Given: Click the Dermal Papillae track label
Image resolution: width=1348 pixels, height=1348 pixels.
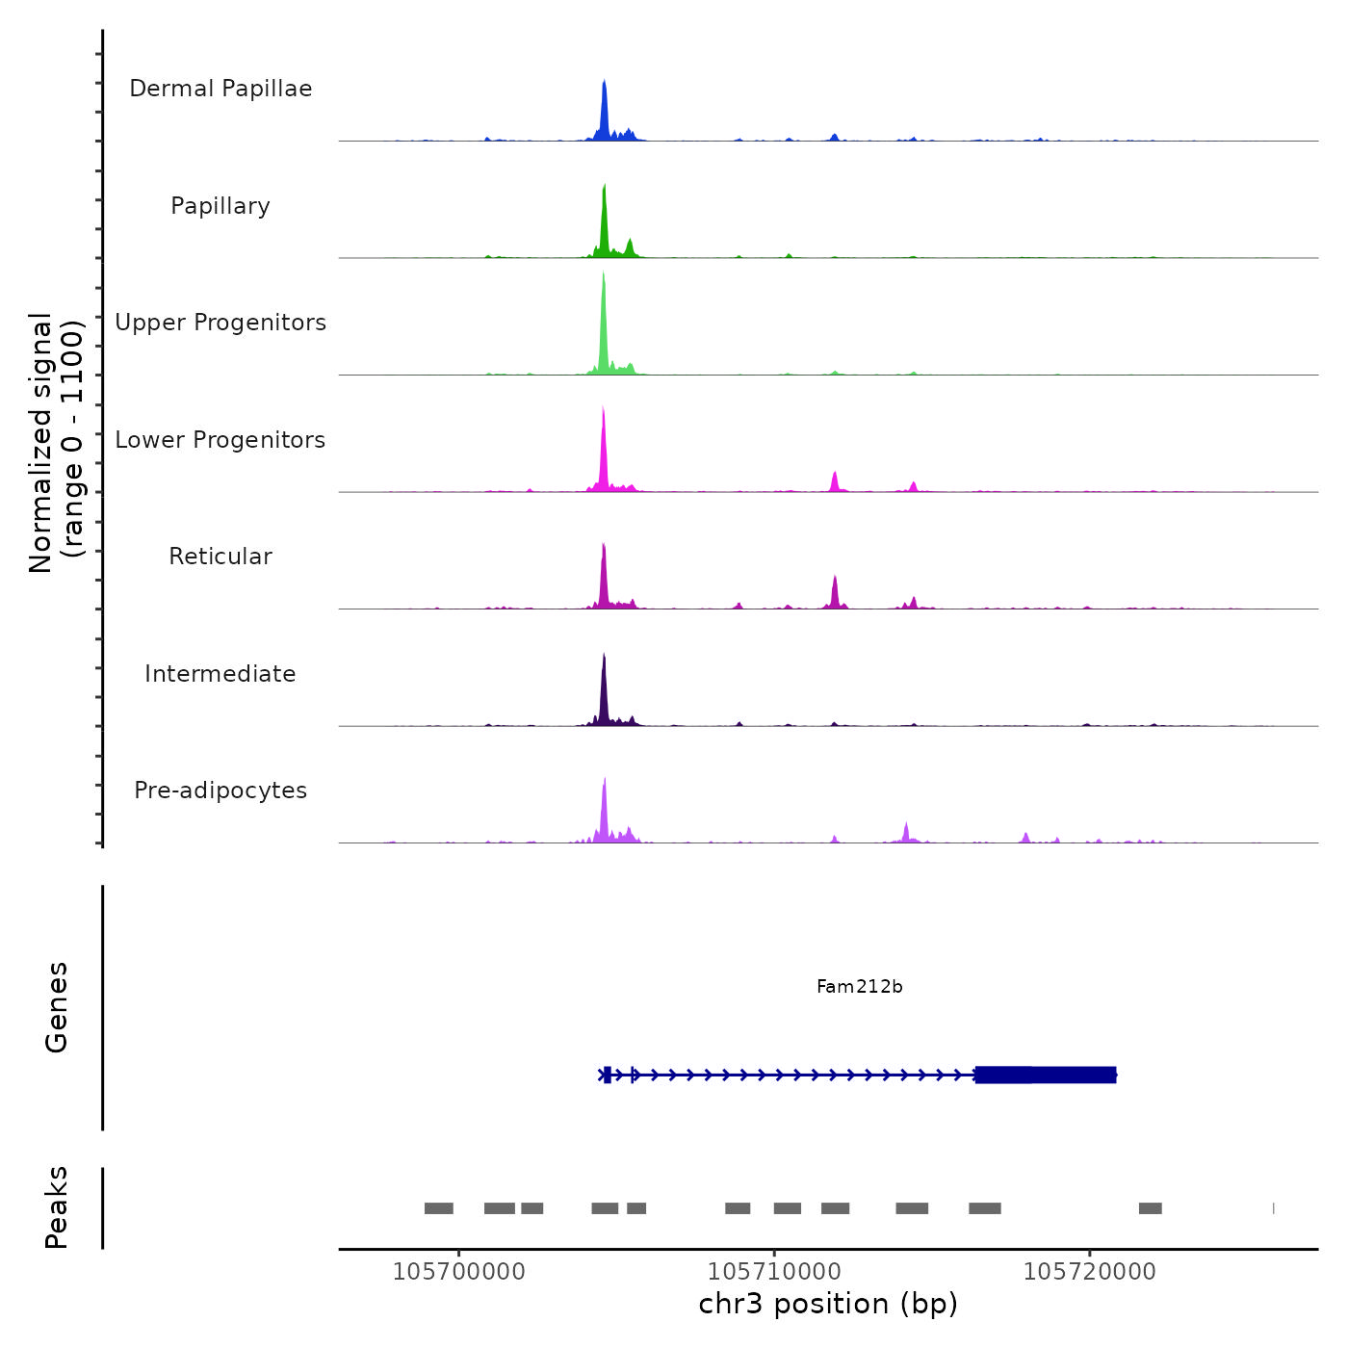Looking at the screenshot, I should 220,89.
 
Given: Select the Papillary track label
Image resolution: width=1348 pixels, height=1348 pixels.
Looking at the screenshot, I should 220,206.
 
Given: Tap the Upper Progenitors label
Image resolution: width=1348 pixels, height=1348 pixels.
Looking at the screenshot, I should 220,323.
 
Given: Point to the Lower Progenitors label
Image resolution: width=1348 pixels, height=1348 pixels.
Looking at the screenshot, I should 220,440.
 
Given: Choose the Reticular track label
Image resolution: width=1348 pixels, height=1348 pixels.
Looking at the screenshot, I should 220,557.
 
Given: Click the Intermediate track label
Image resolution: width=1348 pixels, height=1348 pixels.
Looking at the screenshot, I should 220,674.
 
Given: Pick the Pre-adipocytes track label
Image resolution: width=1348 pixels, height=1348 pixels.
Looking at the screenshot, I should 220,791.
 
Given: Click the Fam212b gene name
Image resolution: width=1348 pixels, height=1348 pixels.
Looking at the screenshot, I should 859,986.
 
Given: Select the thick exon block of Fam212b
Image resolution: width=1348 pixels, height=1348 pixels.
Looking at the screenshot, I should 1046,1075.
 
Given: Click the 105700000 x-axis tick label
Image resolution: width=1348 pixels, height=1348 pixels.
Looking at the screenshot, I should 459,1272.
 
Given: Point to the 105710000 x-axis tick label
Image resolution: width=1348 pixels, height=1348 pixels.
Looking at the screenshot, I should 774,1272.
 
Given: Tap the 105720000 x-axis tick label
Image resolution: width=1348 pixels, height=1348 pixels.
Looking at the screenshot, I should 1089,1272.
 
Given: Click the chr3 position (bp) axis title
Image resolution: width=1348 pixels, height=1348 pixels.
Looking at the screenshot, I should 828,1304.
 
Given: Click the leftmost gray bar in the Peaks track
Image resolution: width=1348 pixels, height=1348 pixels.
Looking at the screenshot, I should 438,1208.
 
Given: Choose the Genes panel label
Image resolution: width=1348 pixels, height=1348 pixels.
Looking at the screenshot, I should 56,1007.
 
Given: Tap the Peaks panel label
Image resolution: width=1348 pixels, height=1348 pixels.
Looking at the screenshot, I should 56,1207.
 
